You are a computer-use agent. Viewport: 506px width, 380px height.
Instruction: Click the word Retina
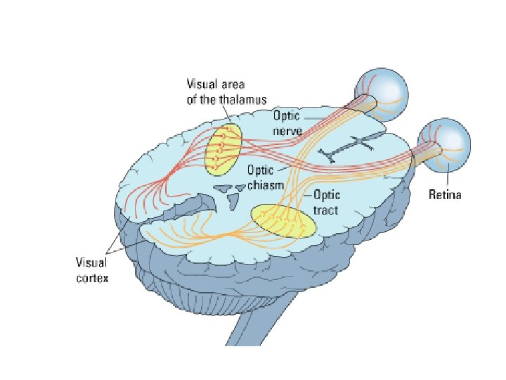[445, 195]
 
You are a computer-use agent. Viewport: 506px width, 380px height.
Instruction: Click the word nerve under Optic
[287, 132]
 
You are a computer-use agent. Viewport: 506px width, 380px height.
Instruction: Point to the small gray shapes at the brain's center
[231, 190]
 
